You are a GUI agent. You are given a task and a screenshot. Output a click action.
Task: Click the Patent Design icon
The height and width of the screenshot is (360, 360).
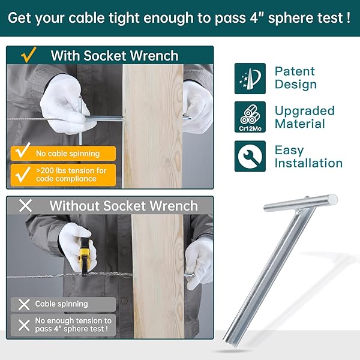(250, 79)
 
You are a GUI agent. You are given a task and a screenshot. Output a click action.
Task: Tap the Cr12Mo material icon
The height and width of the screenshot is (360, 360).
(250, 117)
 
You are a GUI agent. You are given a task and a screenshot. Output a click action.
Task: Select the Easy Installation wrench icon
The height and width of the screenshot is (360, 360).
(250, 157)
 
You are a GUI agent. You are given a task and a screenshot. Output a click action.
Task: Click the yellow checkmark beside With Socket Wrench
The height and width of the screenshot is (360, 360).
(29, 55)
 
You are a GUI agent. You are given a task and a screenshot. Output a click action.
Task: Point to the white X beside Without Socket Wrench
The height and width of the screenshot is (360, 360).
(25, 205)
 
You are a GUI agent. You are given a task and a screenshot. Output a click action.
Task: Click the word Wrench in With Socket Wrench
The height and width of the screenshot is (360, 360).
(154, 56)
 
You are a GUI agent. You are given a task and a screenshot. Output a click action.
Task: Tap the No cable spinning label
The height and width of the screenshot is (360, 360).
(63, 154)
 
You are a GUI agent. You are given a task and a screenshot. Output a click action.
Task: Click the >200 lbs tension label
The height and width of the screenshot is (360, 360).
(63, 175)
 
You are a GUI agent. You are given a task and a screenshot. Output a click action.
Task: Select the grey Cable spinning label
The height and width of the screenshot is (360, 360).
(63, 304)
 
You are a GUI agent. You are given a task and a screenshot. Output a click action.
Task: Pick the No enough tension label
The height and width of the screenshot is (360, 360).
(63, 325)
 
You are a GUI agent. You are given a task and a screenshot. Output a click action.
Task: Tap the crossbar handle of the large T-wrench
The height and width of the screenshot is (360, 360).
(301, 203)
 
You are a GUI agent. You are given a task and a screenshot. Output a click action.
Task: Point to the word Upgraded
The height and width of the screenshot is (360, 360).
(305, 111)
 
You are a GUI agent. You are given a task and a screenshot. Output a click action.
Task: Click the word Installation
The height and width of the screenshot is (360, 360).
(308, 163)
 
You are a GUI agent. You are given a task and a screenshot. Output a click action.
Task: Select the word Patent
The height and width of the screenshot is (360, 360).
(295, 71)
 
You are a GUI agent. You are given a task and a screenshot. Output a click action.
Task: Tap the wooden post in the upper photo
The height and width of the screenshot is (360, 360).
(153, 126)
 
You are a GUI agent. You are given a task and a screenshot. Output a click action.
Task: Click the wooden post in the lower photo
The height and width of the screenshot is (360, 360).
(158, 276)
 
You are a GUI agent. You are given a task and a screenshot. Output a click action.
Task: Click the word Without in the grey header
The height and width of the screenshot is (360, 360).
(74, 205)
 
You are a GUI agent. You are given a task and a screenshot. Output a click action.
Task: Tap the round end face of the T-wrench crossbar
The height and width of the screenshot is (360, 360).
(332, 199)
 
